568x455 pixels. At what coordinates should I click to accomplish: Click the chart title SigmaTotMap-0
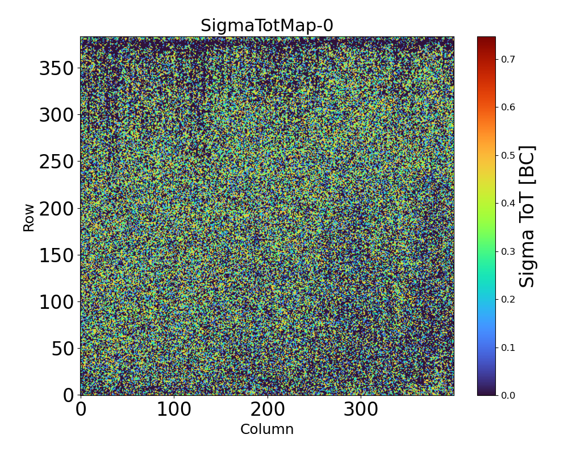pyautogui.click(x=266, y=26)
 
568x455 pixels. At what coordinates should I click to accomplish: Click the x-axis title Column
pyautogui.click(x=267, y=429)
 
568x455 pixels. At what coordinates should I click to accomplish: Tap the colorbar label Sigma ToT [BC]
pyautogui.click(x=528, y=216)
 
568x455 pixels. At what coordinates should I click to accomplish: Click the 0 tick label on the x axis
pyautogui.click(x=81, y=409)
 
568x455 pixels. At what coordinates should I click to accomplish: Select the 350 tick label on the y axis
pyautogui.click(x=56, y=69)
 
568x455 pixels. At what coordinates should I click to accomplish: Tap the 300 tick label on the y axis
pyautogui.click(x=56, y=115)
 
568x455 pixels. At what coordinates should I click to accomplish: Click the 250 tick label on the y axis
pyautogui.click(x=56, y=162)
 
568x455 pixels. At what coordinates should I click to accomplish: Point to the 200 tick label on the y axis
pyautogui.click(x=56, y=209)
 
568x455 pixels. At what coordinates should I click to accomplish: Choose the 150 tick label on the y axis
pyautogui.click(x=56, y=255)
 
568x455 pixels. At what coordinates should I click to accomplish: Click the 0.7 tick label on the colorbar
pyautogui.click(x=507, y=59)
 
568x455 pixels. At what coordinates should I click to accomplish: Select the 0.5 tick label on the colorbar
pyautogui.click(x=507, y=155)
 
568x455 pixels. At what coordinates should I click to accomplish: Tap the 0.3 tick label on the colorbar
pyautogui.click(x=507, y=251)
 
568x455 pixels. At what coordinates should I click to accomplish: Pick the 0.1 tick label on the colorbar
pyautogui.click(x=507, y=347)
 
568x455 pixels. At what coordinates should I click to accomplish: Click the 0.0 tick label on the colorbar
pyautogui.click(x=507, y=395)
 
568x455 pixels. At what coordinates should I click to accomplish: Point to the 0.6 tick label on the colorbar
pyautogui.click(x=507, y=107)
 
